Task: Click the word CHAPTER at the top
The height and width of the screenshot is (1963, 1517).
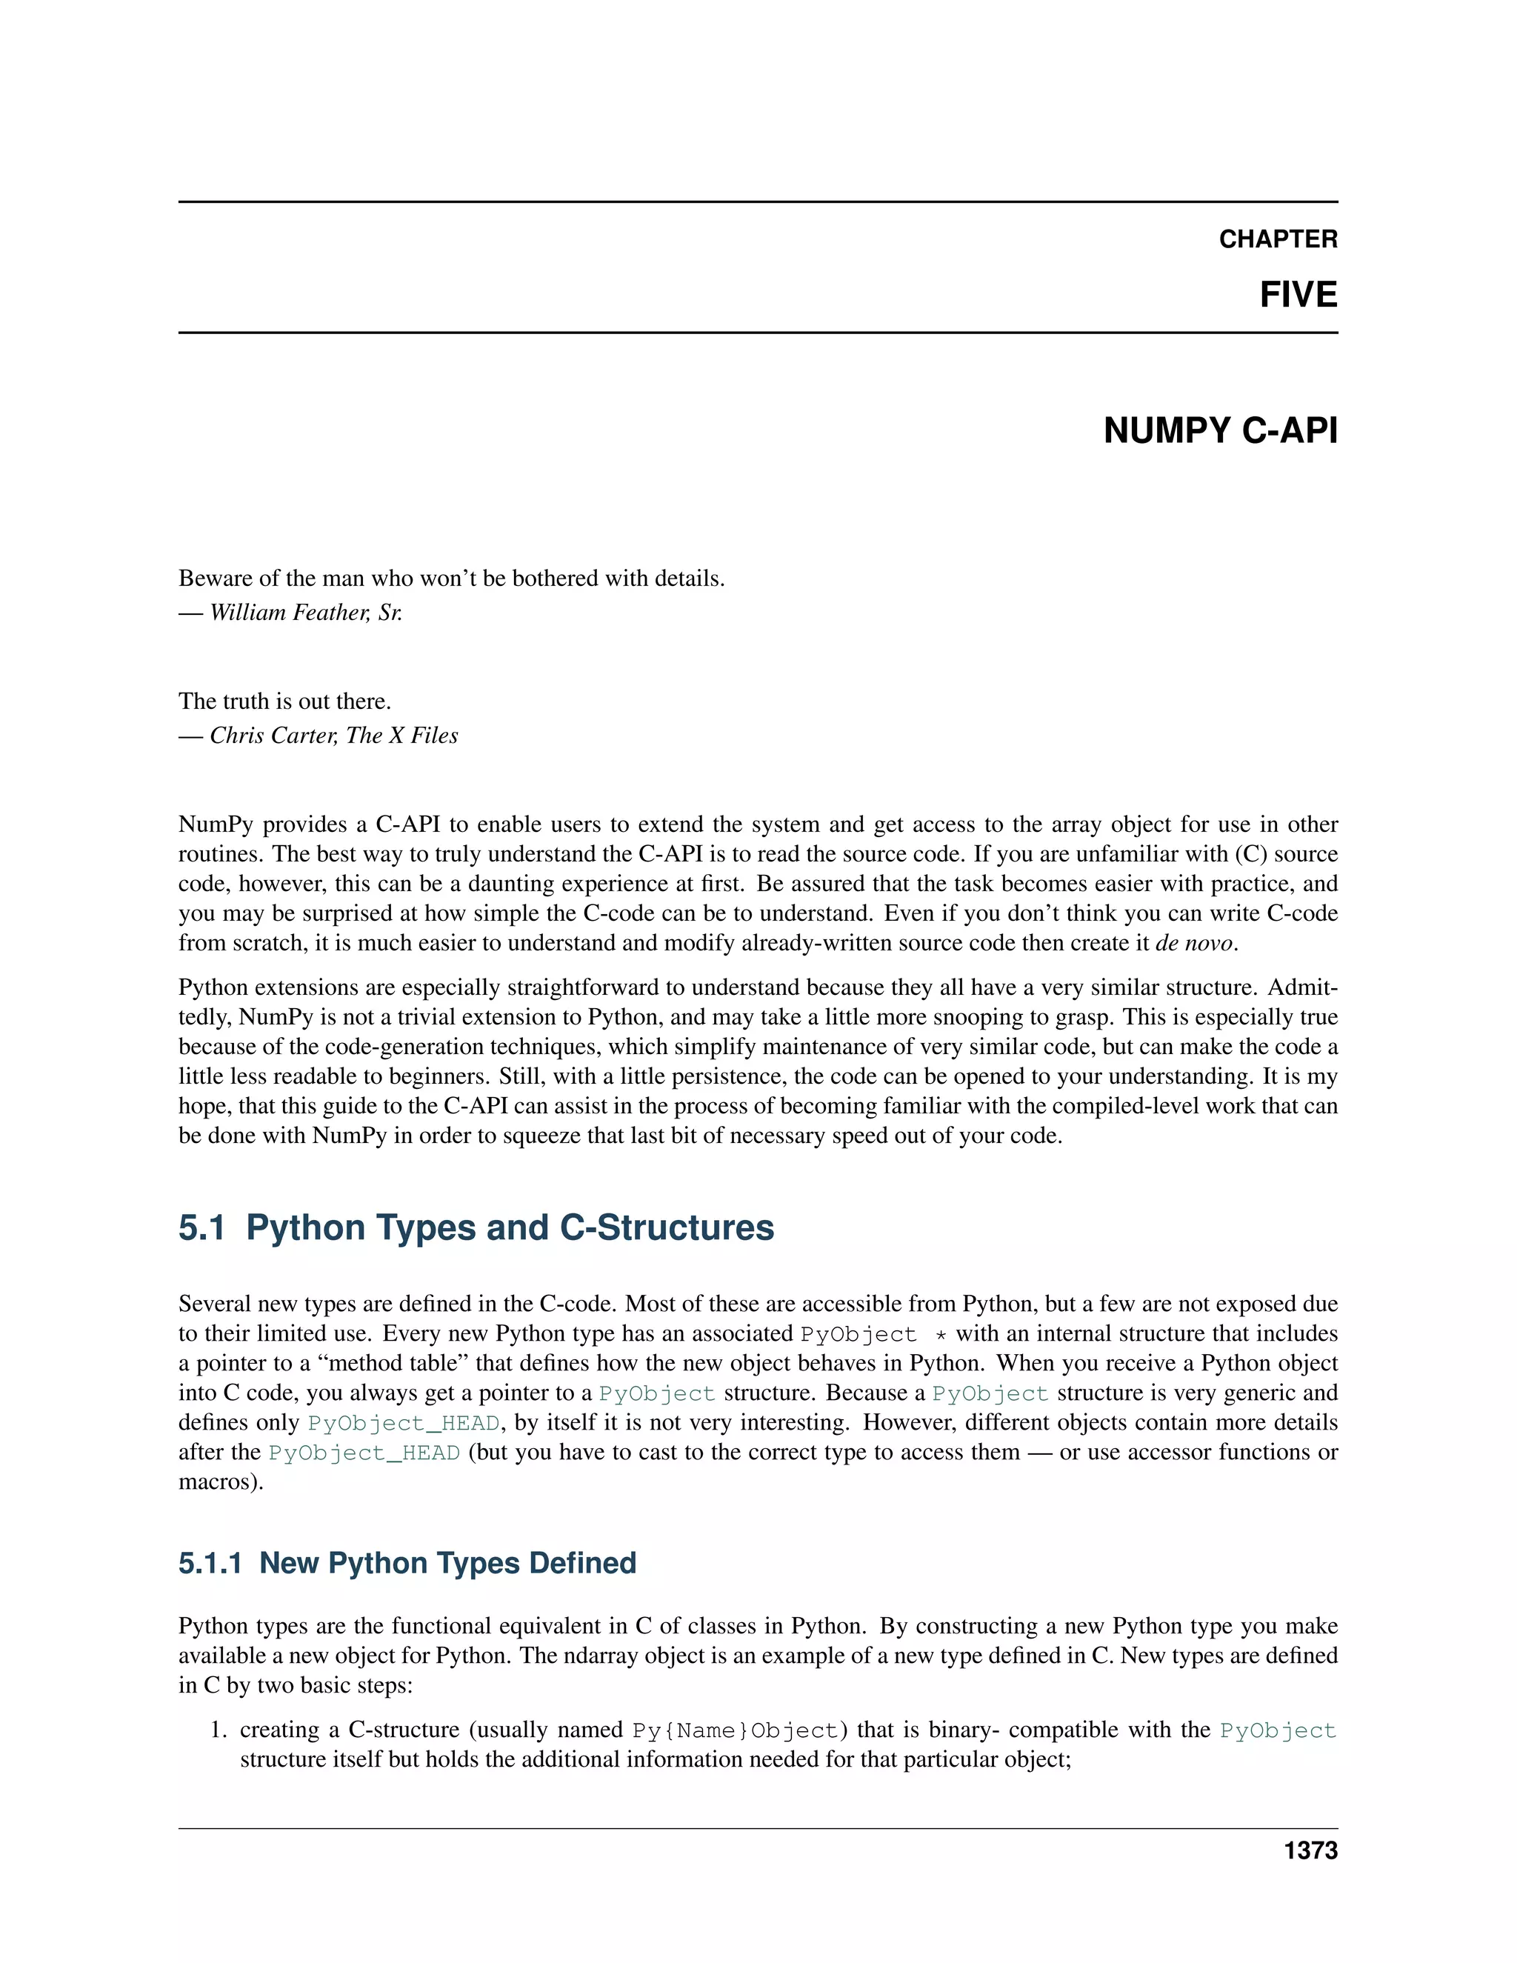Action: click(1277, 239)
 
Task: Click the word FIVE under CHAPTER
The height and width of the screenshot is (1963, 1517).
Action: click(1298, 295)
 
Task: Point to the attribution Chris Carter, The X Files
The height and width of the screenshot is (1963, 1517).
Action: click(333, 736)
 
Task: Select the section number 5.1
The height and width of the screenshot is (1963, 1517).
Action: click(201, 1227)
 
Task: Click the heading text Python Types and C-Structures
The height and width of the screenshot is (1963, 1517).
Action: click(510, 1227)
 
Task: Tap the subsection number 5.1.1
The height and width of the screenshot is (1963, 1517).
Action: click(210, 1563)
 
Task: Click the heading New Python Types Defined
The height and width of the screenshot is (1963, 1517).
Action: click(447, 1563)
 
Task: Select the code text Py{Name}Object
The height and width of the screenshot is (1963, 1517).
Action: click(734, 1731)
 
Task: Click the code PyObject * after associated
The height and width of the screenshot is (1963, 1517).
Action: click(873, 1334)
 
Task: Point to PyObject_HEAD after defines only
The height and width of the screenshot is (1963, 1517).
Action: click(403, 1423)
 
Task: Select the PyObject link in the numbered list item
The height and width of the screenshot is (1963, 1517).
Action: click(1277, 1731)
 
